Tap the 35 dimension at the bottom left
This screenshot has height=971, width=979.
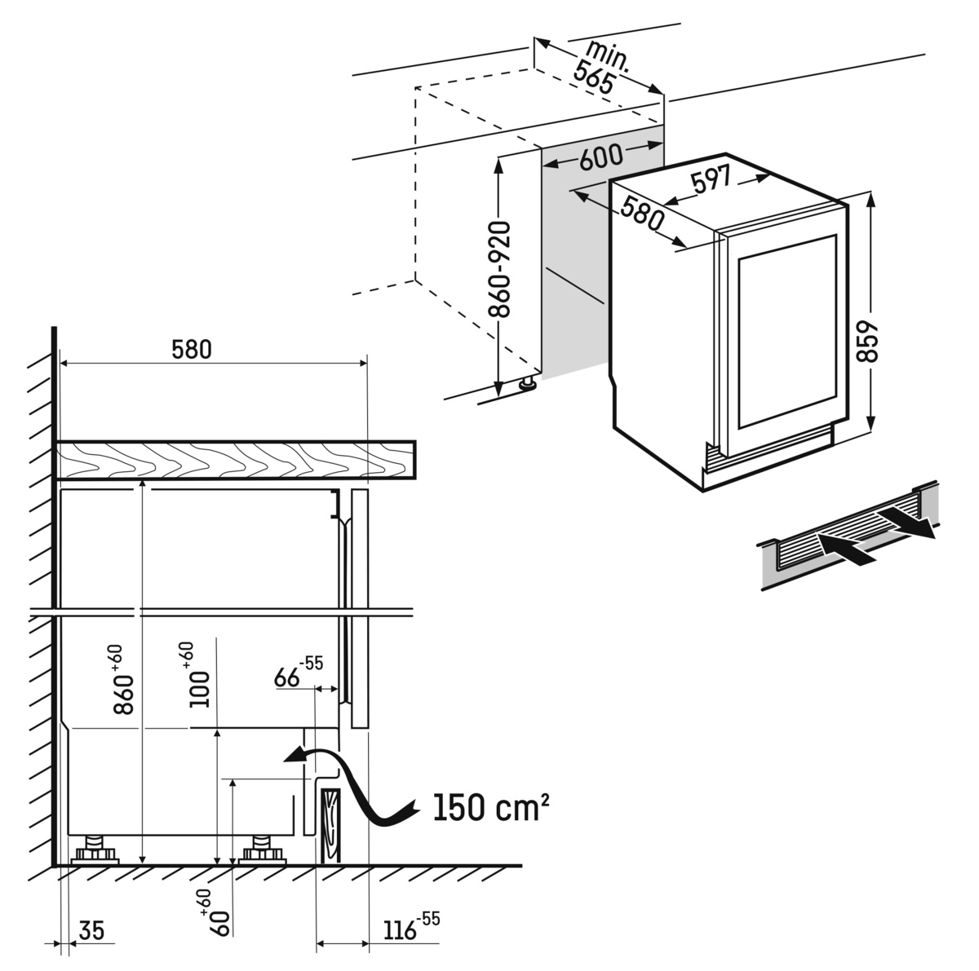pyautogui.click(x=93, y=930)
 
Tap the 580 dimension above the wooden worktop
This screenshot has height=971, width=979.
pyautogui.click(x=192, y=349)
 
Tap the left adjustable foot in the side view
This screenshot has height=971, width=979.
pyautogui.click(x=96, y=850)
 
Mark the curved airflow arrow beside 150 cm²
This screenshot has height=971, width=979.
pyautogui.click(x=359, y=787)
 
